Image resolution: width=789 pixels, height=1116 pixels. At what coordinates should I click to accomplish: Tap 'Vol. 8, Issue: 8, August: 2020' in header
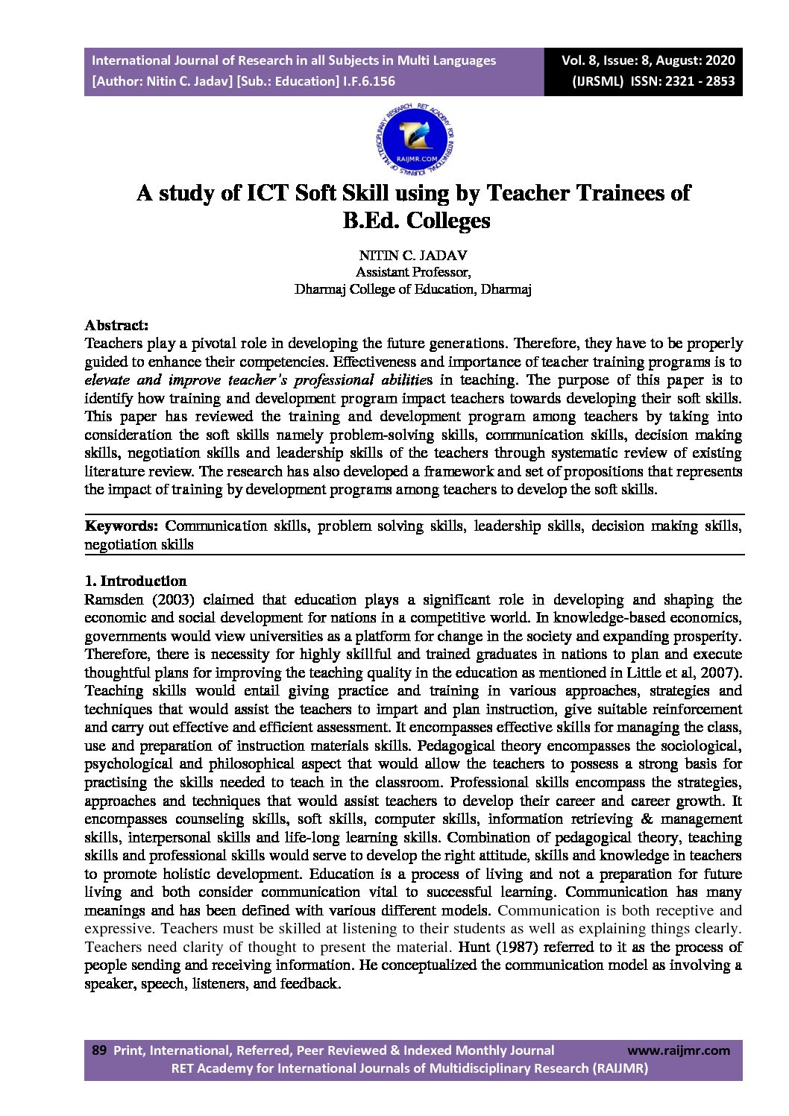click(x=648, y=60)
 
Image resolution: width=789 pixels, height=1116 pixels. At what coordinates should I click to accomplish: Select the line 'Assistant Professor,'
click(x=412, y=272)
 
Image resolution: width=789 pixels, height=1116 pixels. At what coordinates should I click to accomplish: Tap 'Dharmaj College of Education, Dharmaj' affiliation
click(x=412, y=289)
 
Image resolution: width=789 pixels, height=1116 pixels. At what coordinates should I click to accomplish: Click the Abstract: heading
click(x=116, y=325)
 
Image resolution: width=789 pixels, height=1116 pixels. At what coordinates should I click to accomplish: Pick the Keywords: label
click(x=122, y=526)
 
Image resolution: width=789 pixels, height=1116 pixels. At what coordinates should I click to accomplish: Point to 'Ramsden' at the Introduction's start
click(x=114, y=599)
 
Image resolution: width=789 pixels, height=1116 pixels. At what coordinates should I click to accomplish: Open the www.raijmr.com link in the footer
click(x=679, y=1050)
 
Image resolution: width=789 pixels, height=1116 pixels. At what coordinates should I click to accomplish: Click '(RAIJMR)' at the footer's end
click(x=620, y=1068)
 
